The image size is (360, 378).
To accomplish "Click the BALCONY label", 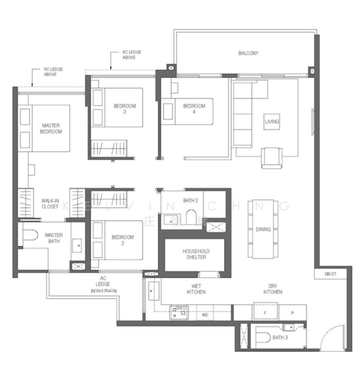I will coord(248,54).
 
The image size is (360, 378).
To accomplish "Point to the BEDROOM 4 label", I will coord(194,106).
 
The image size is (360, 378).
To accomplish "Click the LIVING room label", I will coord(272,121).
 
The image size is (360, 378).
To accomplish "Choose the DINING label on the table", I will coord(264,229).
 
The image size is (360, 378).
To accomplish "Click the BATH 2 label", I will coord(191,201).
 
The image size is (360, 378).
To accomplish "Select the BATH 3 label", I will coord(281,338).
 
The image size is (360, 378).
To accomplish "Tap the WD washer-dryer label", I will coord(204,314).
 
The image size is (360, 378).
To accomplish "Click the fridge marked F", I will coord(265,312).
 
